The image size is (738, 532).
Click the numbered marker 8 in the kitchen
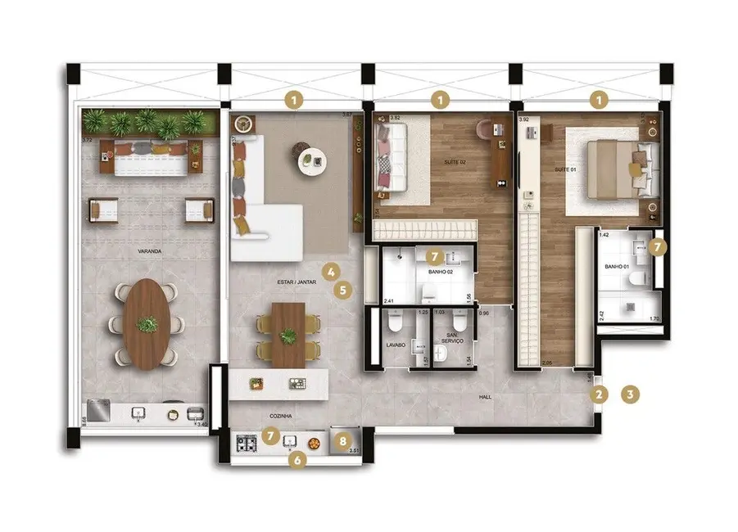(344, 441)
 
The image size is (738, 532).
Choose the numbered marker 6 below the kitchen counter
(299, 460)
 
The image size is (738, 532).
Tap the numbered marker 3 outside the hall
(630, 394)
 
